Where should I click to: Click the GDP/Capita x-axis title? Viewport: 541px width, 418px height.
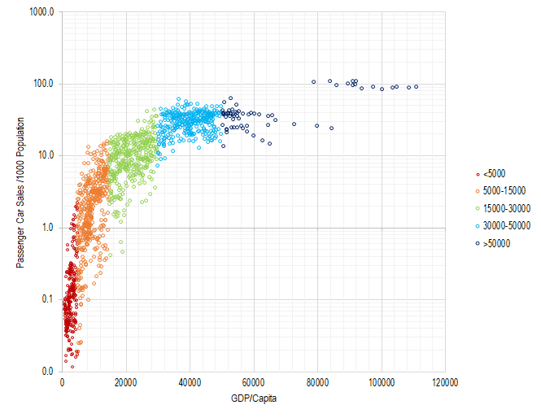click(x=253, y=398)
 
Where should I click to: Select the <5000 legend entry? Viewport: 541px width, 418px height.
click(x=495, y=173)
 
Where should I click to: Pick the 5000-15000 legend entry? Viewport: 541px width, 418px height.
click(x=504, y=190)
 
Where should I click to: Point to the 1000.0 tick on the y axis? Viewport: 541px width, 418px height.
click(x=41, y=12)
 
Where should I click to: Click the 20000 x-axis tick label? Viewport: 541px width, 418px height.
click(x=125, y=382)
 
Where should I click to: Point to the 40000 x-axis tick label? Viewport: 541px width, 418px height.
click(x=190, y=382)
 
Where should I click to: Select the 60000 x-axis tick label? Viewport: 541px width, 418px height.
click(x=253, y=382)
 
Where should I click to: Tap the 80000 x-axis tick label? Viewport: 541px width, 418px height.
click(x=317, y=382)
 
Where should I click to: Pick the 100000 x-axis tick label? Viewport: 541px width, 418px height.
click(x=381, y=382)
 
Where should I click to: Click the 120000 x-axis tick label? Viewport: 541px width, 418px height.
click(x=444, y=382)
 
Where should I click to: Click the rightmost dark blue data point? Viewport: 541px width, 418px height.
click(x=416, y=86)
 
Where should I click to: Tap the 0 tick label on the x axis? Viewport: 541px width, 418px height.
click(x=62, y=382)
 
